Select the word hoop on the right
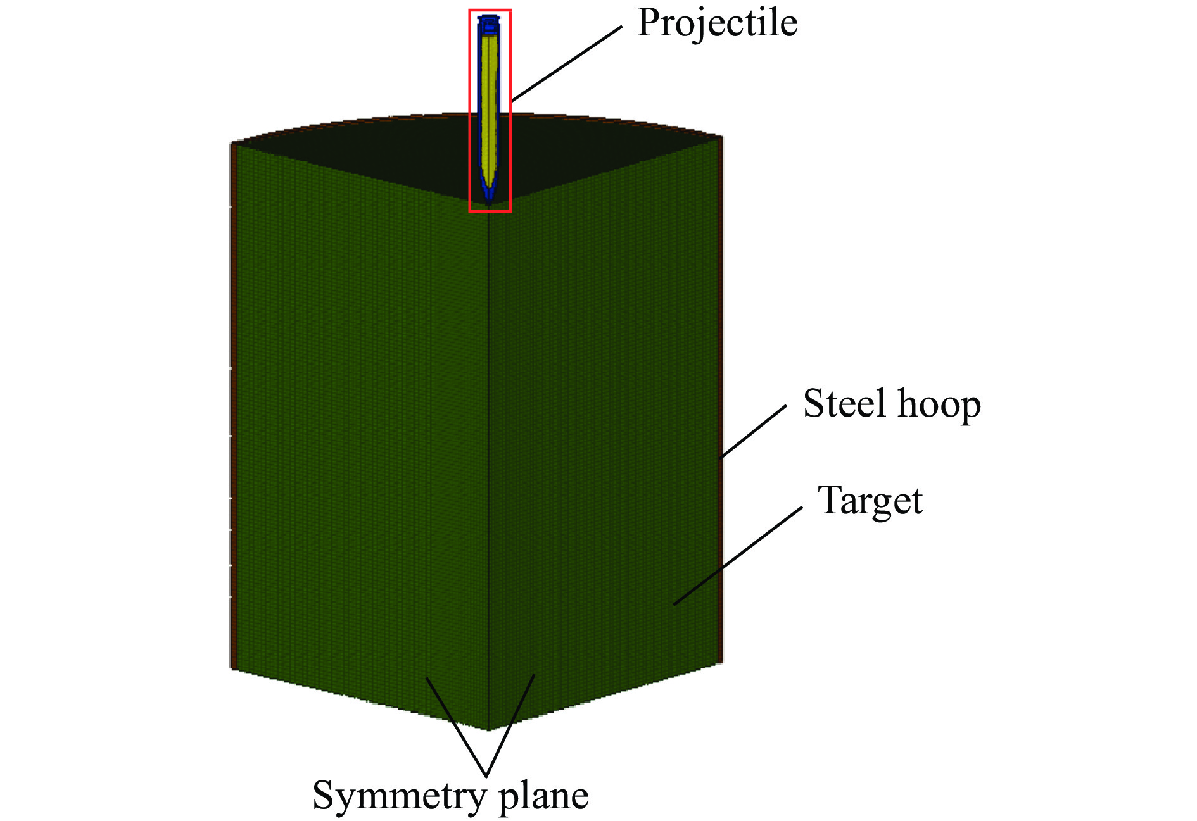click(x=939, y=405)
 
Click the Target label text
click(x=870, y=501)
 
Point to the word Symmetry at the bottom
click(x=400, y=797)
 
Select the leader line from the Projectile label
click(x=566, y=64)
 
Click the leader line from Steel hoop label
click(x=754, y=431)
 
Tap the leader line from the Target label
click(x=738, y=555)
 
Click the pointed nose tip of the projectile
click(x=489, y=203)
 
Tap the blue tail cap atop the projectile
click(x=489, y=25)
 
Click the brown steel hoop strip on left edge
click(x=233, y=405)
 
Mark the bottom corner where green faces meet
click(x=488, y=730)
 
